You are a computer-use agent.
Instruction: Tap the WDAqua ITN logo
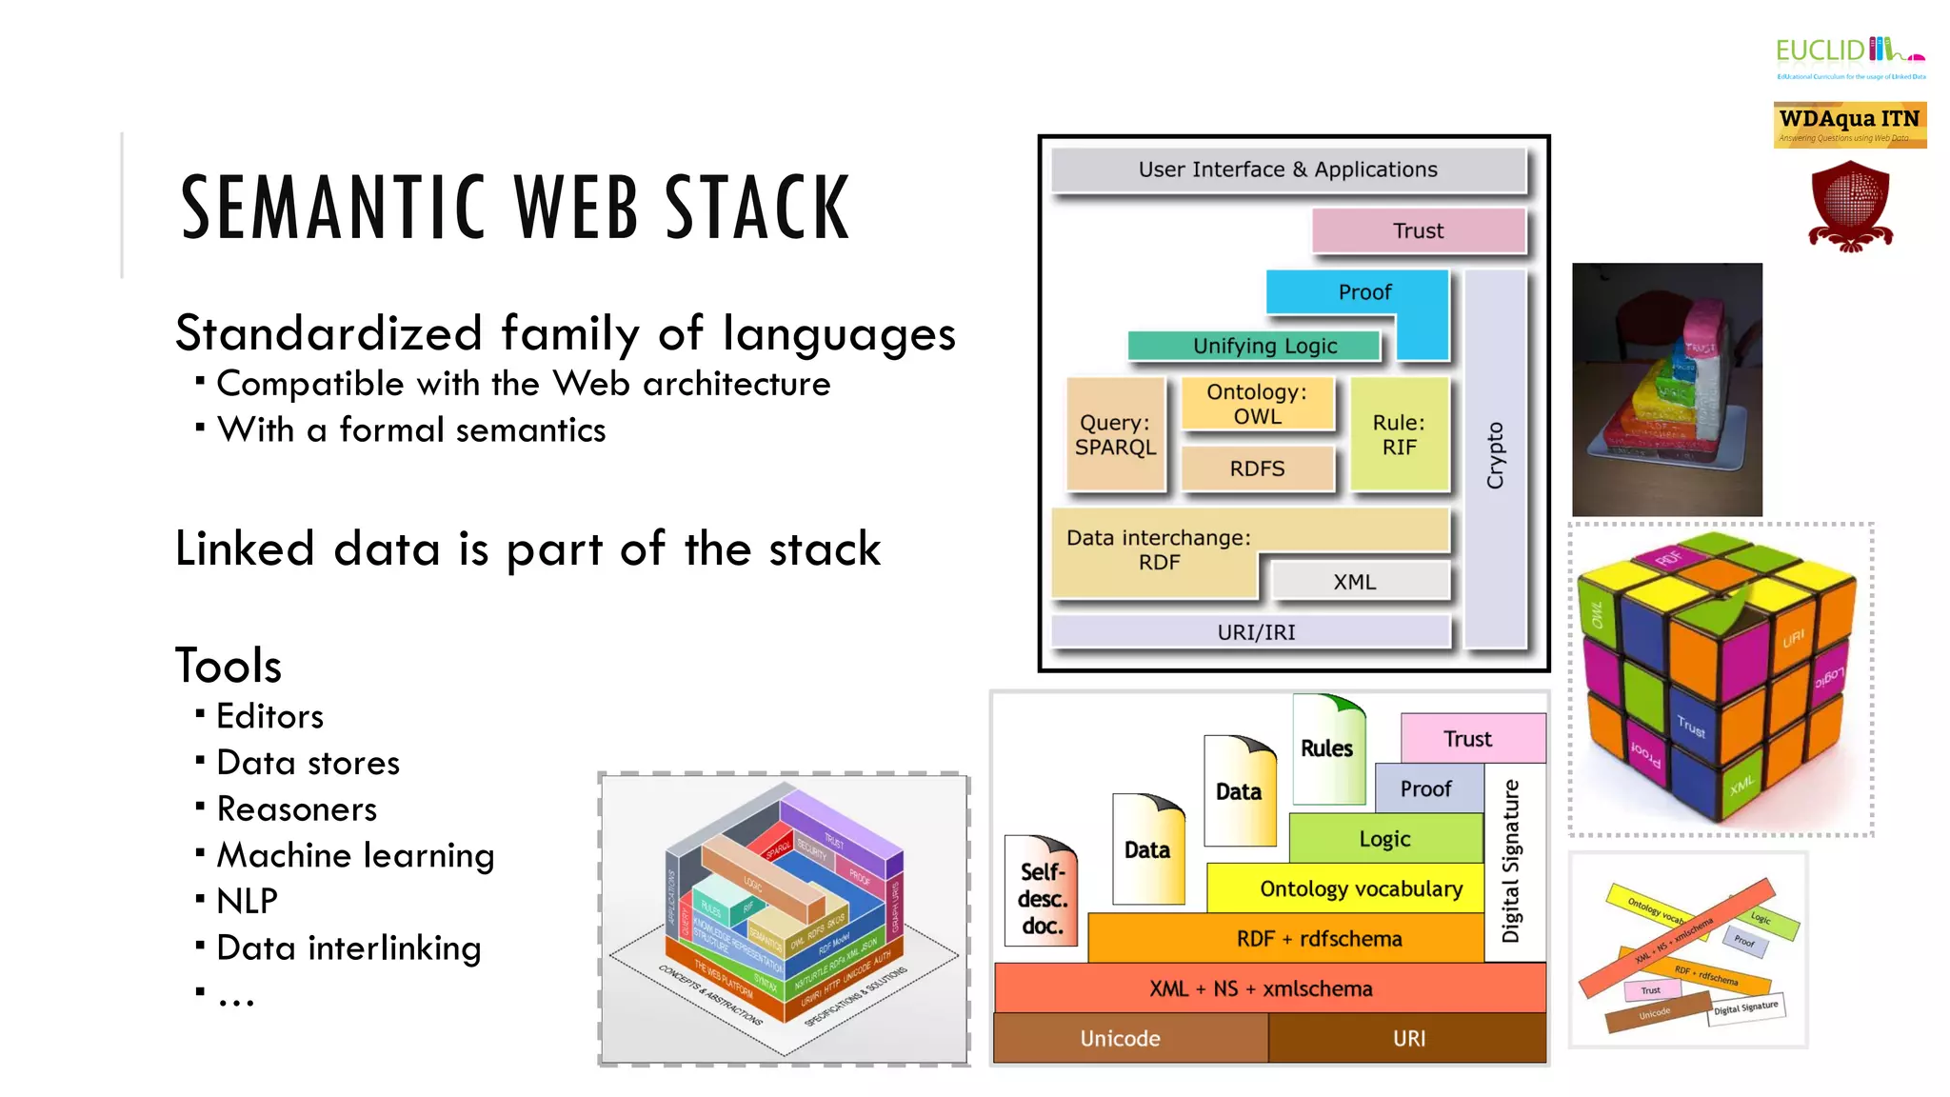[x=1849, y=125]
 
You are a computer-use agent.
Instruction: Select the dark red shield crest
[x=1850, y=206]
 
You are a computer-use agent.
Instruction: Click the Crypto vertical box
[x=1496, y=457]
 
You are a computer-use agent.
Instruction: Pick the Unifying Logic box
[x=1255, y=346]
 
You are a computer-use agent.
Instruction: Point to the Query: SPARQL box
[x=1115, y=435]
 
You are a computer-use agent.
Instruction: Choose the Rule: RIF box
[x=1399, y=435]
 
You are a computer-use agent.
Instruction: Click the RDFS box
[x=1257, y=469]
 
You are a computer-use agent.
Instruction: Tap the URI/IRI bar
[x=1255, y=632]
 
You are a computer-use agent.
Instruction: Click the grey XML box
[x=1360, y=581]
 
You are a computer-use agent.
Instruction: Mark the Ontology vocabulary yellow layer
[x=1360, y=888]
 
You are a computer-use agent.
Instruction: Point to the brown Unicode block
[x=1121, y=1038]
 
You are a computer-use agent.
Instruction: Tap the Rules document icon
[x=1326, y=748]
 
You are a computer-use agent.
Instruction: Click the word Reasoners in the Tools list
[x=297, y=808]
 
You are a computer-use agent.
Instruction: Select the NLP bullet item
[x=247, y=901]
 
